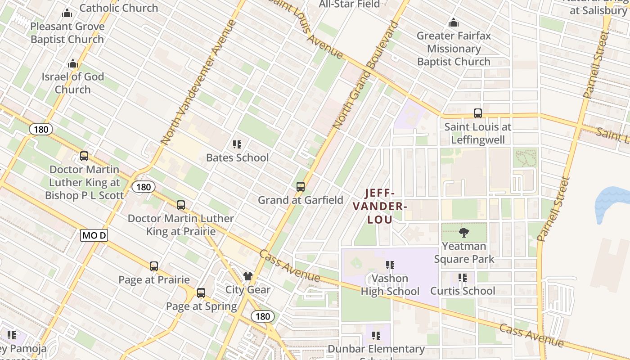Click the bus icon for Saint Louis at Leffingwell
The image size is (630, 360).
(477, 113)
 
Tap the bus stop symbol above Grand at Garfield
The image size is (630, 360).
(300, 186)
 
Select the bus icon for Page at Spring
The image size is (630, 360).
(201, 293)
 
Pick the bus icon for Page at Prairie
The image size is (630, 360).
(154, 266)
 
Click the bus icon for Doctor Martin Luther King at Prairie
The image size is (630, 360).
(181, 205)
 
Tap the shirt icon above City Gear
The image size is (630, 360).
(248, 276)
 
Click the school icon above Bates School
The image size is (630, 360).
(237, 144)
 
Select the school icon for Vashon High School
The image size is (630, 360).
(390, 265)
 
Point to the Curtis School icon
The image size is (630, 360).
(462, 278)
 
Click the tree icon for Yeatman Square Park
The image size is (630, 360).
(463, 233)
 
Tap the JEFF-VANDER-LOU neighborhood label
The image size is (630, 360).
(380, 206)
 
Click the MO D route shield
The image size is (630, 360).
(94, 235)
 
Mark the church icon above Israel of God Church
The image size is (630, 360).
(73, 64)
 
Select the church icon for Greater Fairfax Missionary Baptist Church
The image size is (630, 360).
(454, 22)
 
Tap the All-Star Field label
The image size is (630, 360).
(349, 4)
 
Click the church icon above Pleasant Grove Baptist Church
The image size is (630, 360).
(67, 13)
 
